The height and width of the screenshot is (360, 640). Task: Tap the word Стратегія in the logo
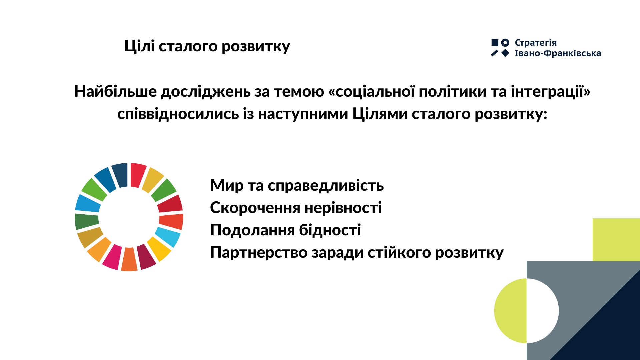(536, 43)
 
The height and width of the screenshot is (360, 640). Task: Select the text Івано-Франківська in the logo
(558, 53)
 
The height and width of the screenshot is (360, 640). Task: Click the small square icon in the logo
(495, 42)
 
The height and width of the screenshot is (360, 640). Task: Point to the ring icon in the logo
(505, 42)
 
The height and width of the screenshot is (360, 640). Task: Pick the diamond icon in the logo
(505, 53)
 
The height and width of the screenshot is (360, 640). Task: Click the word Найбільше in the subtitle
(115, 91)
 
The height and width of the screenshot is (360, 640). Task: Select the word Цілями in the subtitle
(380, 114)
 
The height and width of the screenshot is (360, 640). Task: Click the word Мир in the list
(227, 186)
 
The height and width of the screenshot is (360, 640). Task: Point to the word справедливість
(326, 186)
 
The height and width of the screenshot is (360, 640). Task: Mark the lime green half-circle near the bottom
(510, 311)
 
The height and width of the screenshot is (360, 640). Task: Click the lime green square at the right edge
(616, 240)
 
